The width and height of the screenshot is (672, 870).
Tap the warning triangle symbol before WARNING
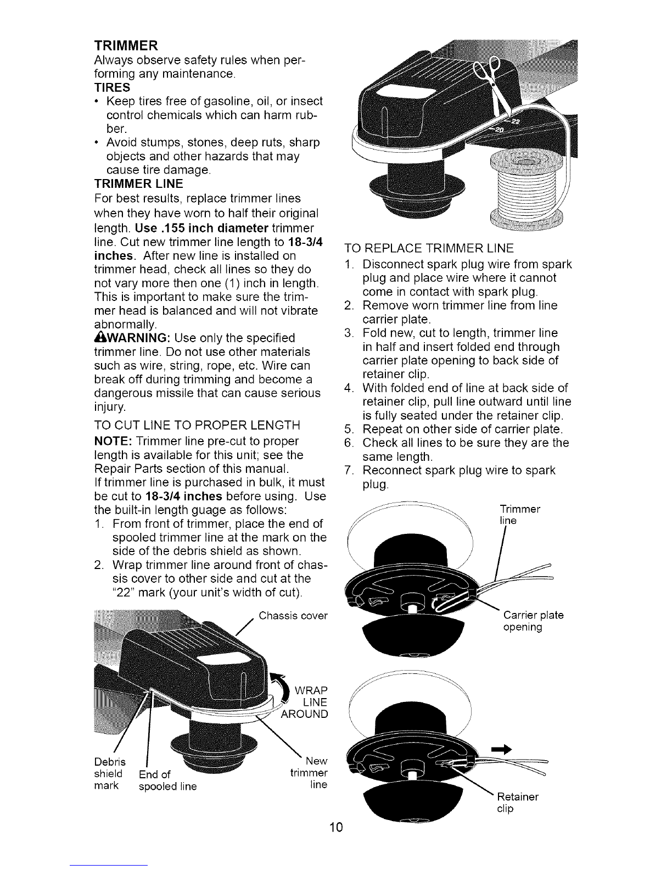click(99, 337)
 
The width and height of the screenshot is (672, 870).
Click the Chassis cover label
click(293, 615)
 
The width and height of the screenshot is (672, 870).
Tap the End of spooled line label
click(167, 780)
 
